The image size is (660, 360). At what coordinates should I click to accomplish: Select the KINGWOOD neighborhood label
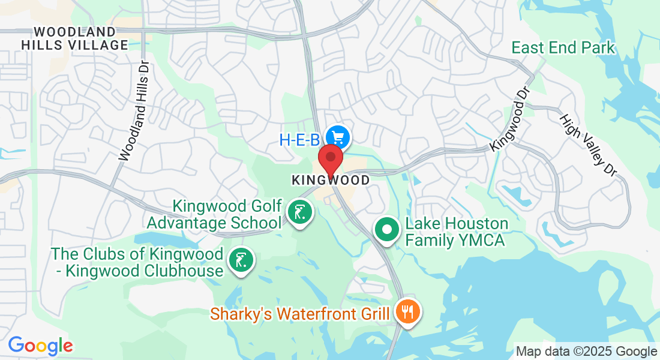[330, 180]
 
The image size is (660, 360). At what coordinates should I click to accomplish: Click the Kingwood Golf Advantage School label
[227, 215]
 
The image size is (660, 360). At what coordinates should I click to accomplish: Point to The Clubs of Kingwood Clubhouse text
[137, 262]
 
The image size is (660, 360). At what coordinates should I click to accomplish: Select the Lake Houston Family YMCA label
[457, 232]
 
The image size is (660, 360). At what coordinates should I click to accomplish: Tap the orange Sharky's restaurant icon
[408, 312]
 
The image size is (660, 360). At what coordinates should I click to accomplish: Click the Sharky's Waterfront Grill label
[300, 314]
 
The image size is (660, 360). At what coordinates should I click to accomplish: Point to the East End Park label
[563, 47]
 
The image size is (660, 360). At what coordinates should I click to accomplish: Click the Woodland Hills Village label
[75, 38]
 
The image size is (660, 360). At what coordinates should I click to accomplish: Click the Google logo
[40, 346]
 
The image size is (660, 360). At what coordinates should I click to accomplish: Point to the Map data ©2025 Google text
[586, 352]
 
